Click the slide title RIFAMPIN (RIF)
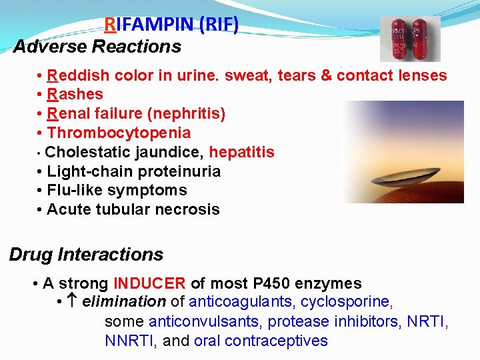(171, 25)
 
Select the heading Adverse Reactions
(97, 47)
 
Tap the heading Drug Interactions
(86, 255)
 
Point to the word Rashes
(75, 95)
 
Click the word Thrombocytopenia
(119, 133)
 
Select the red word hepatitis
(241, 153)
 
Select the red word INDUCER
(150, 284)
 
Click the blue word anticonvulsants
(205, 322)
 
